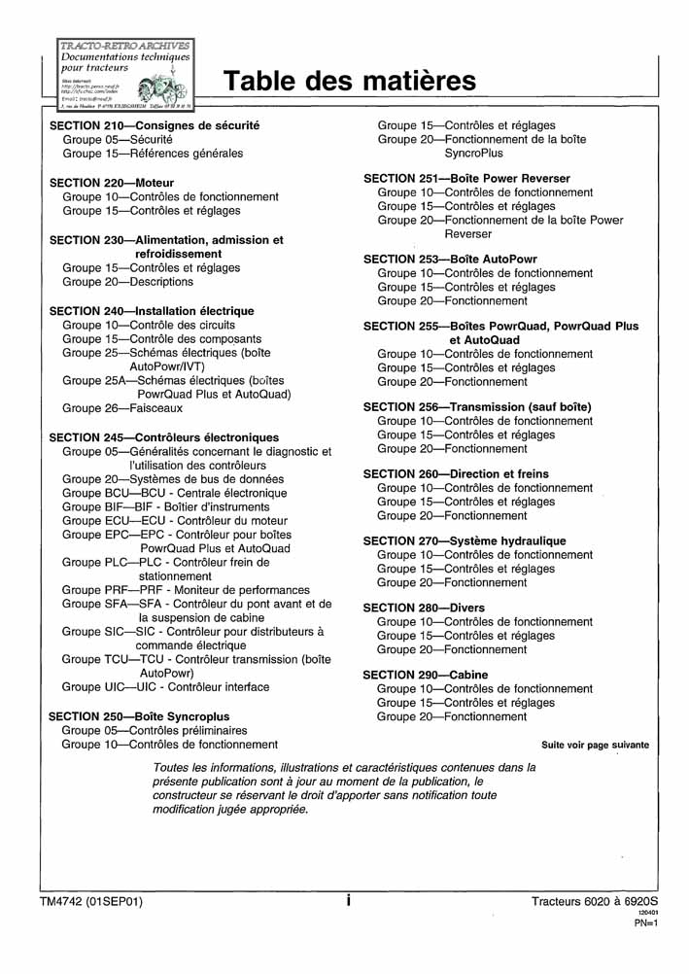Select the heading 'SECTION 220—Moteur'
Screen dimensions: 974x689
click(112, 183)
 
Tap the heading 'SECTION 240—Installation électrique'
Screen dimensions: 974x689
click(151, 311)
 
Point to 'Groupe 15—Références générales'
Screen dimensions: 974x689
click(153, 154)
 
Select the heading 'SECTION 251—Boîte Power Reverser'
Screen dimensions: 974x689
click(466, 179)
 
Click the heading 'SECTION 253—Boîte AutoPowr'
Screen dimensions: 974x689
click(450, 260)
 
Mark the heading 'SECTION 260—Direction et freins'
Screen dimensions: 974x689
click(456, 474)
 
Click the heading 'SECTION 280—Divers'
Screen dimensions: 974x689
click(424, 609)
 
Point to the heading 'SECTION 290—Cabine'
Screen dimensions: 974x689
click(426, 675)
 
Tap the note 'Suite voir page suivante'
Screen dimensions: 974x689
click(595, 746)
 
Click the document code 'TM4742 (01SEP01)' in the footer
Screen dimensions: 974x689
click(91, 902)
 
